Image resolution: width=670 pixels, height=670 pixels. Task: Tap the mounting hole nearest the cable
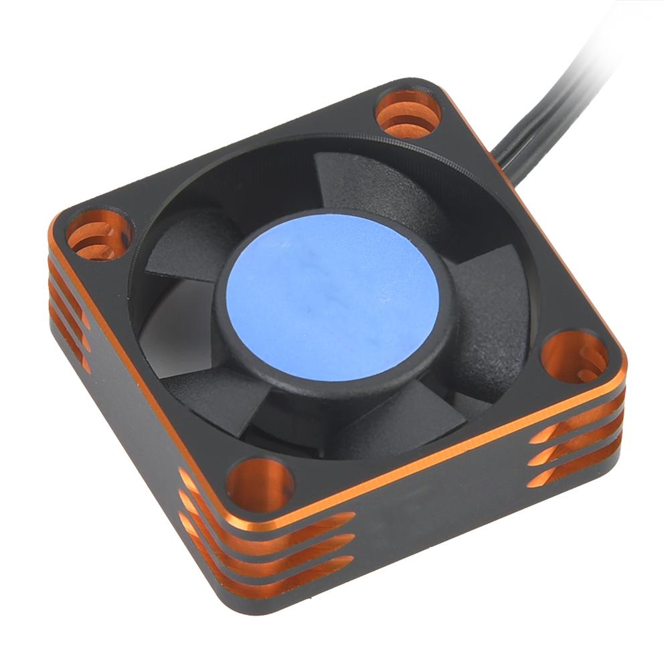408,114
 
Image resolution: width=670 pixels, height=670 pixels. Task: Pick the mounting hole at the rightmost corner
574,355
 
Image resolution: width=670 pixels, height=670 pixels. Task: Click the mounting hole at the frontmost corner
260,484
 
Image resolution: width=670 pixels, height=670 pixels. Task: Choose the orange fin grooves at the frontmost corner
268,549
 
